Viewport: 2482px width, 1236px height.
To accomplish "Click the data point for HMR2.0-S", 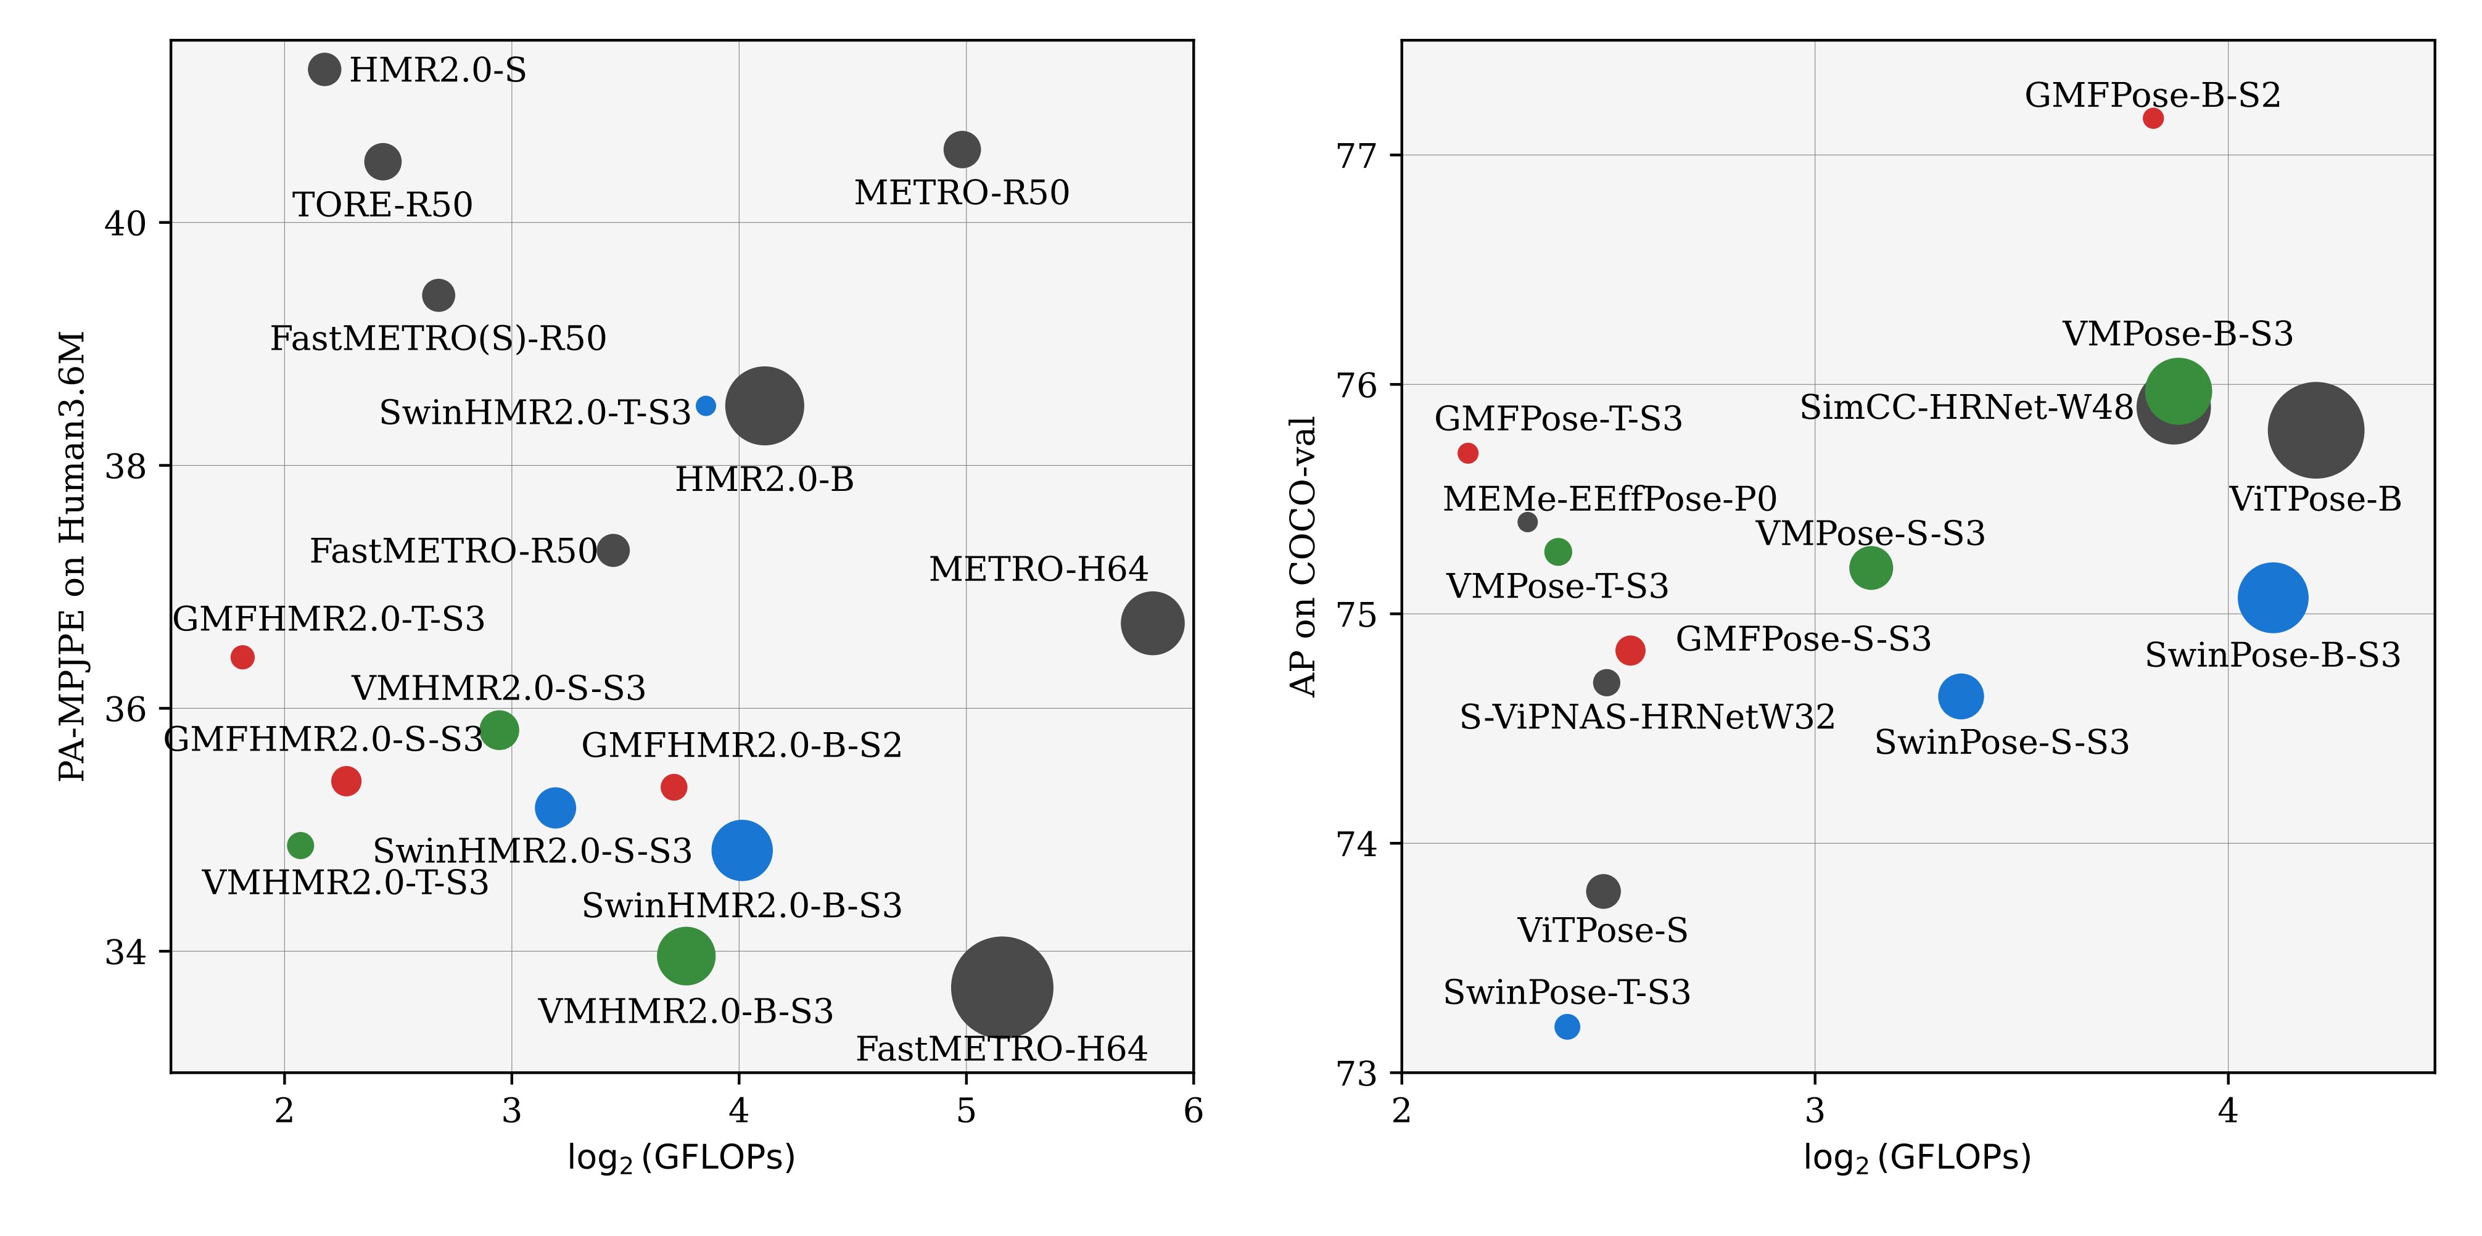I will pos(324,69).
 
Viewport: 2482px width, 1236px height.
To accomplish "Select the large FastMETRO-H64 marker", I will pos(1002,987).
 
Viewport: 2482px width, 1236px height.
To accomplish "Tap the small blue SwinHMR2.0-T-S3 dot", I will pos(705,406).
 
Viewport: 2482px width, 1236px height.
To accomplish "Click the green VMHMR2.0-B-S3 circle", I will pos(686,955).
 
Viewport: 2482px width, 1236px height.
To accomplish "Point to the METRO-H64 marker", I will pos(1152,624).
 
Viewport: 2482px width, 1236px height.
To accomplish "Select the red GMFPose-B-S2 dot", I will pos(2153,118).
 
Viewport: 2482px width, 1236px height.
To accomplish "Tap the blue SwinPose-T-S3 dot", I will pos(1567,1027).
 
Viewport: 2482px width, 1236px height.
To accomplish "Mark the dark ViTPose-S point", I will pos(1602,891).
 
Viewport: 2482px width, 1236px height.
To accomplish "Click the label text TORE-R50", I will pos(382,205).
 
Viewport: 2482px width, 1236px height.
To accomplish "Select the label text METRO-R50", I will pos(962,192).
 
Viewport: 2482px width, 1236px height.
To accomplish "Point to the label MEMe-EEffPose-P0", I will pos(1609,499).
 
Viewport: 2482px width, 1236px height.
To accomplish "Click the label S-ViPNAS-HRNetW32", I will pos(1647,717).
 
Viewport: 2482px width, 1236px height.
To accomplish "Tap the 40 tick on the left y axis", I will pos(125,223).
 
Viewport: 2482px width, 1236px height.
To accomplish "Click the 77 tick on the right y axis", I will pos(1356,155).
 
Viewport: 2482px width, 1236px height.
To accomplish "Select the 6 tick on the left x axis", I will pos(1193,1111).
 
